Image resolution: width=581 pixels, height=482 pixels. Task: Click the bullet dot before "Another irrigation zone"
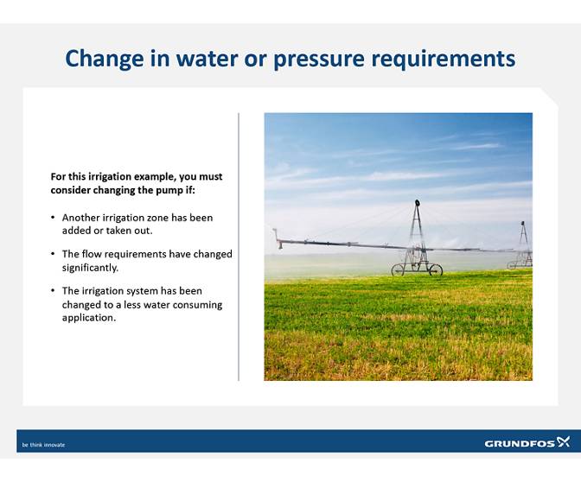[x=54, y=218]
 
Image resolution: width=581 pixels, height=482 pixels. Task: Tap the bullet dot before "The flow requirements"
[x=54, y=254]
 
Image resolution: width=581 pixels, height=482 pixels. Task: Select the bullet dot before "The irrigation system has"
[x=54, y=291]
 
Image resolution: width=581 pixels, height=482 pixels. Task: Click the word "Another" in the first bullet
[x=81, y=218]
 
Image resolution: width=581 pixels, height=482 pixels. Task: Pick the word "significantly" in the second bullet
[x=90, y=268]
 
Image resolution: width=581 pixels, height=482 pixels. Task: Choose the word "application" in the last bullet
[x=88, y=318]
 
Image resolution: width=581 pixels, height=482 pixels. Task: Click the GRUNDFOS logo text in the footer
[x=519, y=443]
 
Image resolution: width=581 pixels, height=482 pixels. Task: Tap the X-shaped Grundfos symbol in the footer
[x=563, y=441]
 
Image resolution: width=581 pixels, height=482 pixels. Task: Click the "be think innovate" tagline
[x=43, y=445]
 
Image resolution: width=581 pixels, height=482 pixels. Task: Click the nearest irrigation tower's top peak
[x=417, y=203]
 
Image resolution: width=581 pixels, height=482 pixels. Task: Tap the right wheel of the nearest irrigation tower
[x=436, y=270]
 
